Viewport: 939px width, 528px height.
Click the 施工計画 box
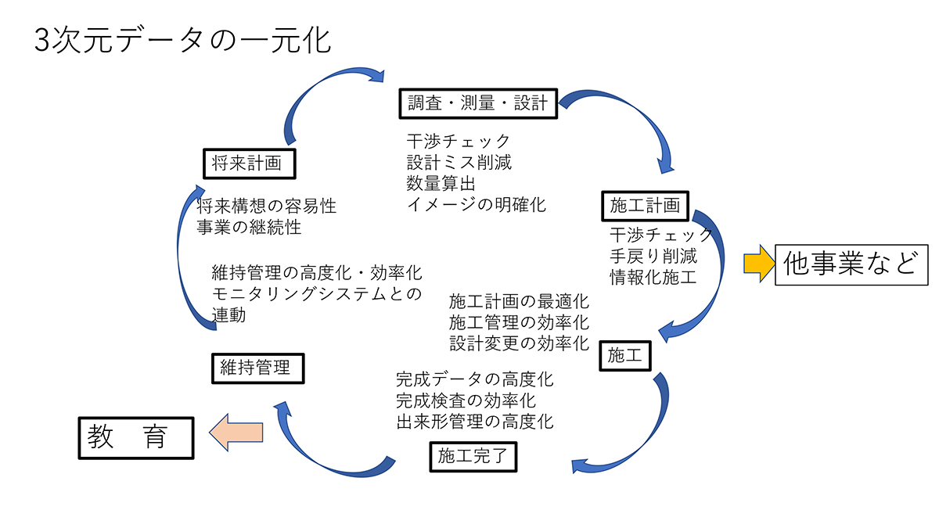click(x=644, y=206)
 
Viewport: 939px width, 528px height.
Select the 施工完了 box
click(x=473, y=456)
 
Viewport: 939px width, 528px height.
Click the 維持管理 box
click(x=257, y=368)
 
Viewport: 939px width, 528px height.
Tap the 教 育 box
click(x=135, y=436)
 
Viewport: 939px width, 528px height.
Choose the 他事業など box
click(x=851, y=264)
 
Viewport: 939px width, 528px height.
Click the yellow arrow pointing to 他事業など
click(x=756, y=264)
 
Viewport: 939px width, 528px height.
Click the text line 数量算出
click(x=441, y=184)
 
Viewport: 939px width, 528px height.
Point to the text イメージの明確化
click(x=476, y=205)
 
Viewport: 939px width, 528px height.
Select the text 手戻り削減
click(x=653, y=256)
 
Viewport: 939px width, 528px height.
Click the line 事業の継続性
click(x=249, y=228)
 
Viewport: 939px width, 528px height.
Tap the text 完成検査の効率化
click(x=466, y=400)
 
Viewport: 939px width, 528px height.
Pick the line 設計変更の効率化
click(x=519, y=343)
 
